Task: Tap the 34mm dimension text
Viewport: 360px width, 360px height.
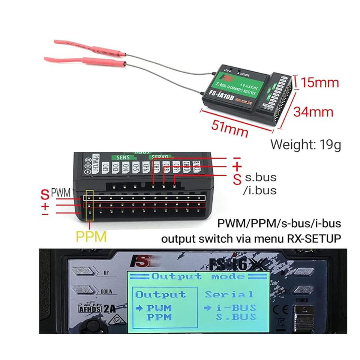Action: point(313,111)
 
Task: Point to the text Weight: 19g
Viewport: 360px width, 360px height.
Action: point(306,144)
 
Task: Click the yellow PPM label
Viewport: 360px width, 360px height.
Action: point(91,237)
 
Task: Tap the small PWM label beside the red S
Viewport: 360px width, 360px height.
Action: point(60,193)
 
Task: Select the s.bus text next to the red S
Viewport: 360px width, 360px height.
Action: point(260,177)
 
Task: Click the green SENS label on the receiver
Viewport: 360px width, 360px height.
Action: point(123,158)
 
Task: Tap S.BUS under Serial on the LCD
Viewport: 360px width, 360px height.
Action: point(237,317)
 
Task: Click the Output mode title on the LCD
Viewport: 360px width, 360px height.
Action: point(198,277)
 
